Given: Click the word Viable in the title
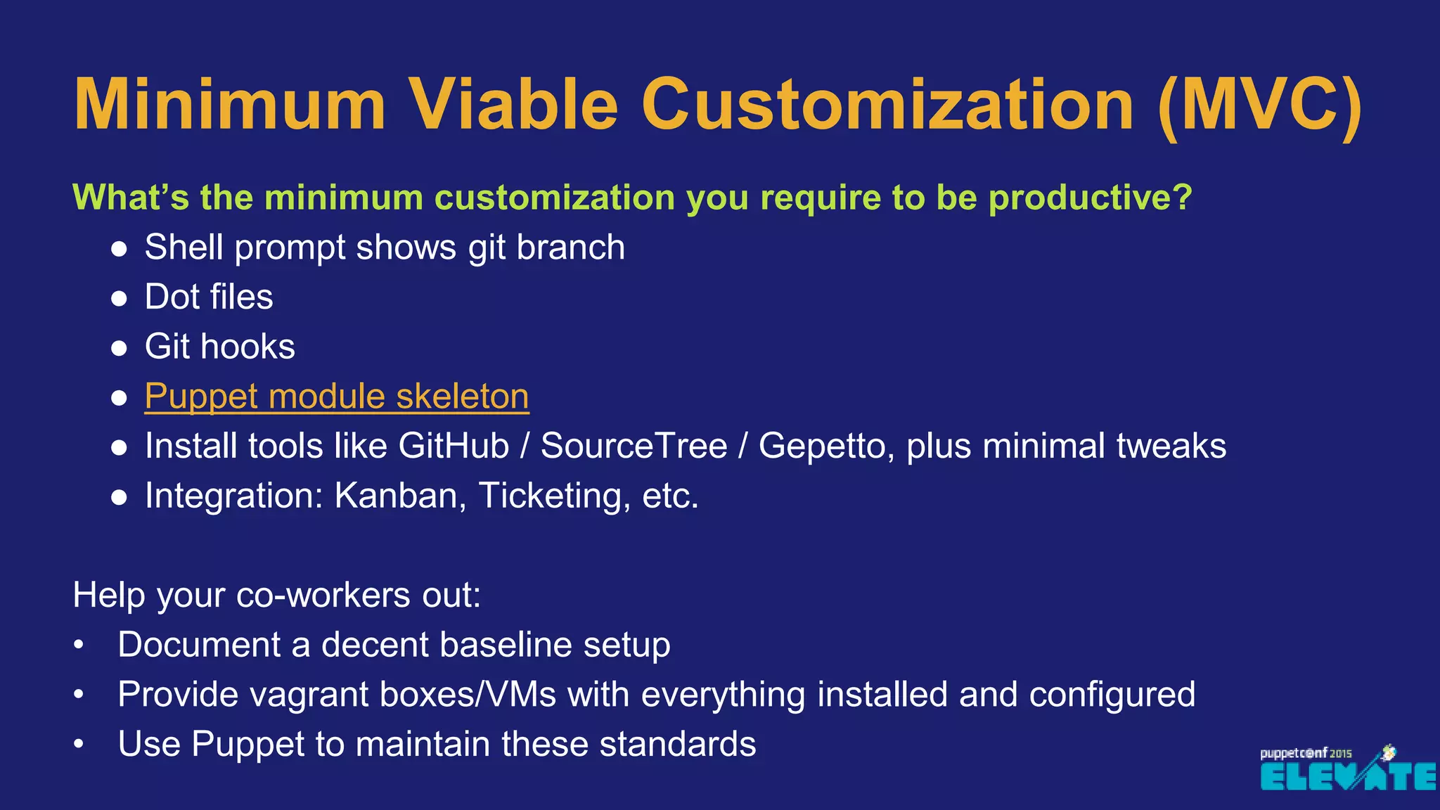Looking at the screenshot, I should click(x=513, y=105).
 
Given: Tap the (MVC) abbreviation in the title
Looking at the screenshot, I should click(x=1259, y=105).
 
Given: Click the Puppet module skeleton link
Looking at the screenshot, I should click(x=337, y=397).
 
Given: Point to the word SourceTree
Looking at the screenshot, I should click(x=634, y=446).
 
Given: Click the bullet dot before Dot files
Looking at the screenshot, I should click(x=119, y=298).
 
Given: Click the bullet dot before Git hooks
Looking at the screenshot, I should click(x=119, y=348).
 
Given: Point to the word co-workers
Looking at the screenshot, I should click(x=323, y=596).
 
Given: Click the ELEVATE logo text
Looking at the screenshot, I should click(x=1347, y=777).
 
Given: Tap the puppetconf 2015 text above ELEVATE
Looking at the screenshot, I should click(x=1305, y=753).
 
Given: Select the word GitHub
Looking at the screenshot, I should click(x=454, y=446).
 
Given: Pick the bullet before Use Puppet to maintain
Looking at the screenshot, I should click(x=79, y=745).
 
